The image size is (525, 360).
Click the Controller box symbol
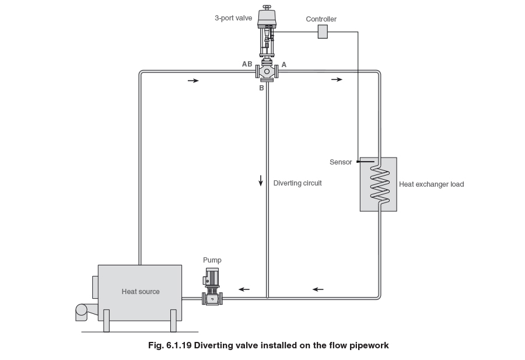(x=323, y=32)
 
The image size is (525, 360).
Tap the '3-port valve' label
(x=233, y=18)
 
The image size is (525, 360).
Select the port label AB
(x=247, y=64)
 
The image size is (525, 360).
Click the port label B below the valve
(x=261, y=88)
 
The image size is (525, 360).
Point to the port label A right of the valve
(x=284, y=65)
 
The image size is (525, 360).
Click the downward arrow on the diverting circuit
(x=261, y=180)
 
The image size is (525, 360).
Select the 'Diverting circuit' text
(x=297, y=183)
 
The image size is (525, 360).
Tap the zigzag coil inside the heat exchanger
(x=380, y=184)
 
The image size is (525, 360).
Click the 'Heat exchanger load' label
(x=431, y=184)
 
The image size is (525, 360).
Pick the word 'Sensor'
(x=341, y=162)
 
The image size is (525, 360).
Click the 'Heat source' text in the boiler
(x=141, y=292)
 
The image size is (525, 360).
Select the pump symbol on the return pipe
(x=212, y=286)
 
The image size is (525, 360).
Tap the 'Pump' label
(x=212, y=260)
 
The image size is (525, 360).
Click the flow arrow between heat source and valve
(x=193, y=81)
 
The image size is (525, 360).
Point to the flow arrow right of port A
(x=337, y=79)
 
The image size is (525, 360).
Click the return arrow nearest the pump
(x=244, y=289)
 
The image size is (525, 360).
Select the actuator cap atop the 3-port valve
(x=267, y=17)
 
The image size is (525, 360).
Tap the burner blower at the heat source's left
(x=82, y=312)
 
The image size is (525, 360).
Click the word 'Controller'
(x=321, y=19)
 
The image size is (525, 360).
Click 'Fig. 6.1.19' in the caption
(x=170, y=345)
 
